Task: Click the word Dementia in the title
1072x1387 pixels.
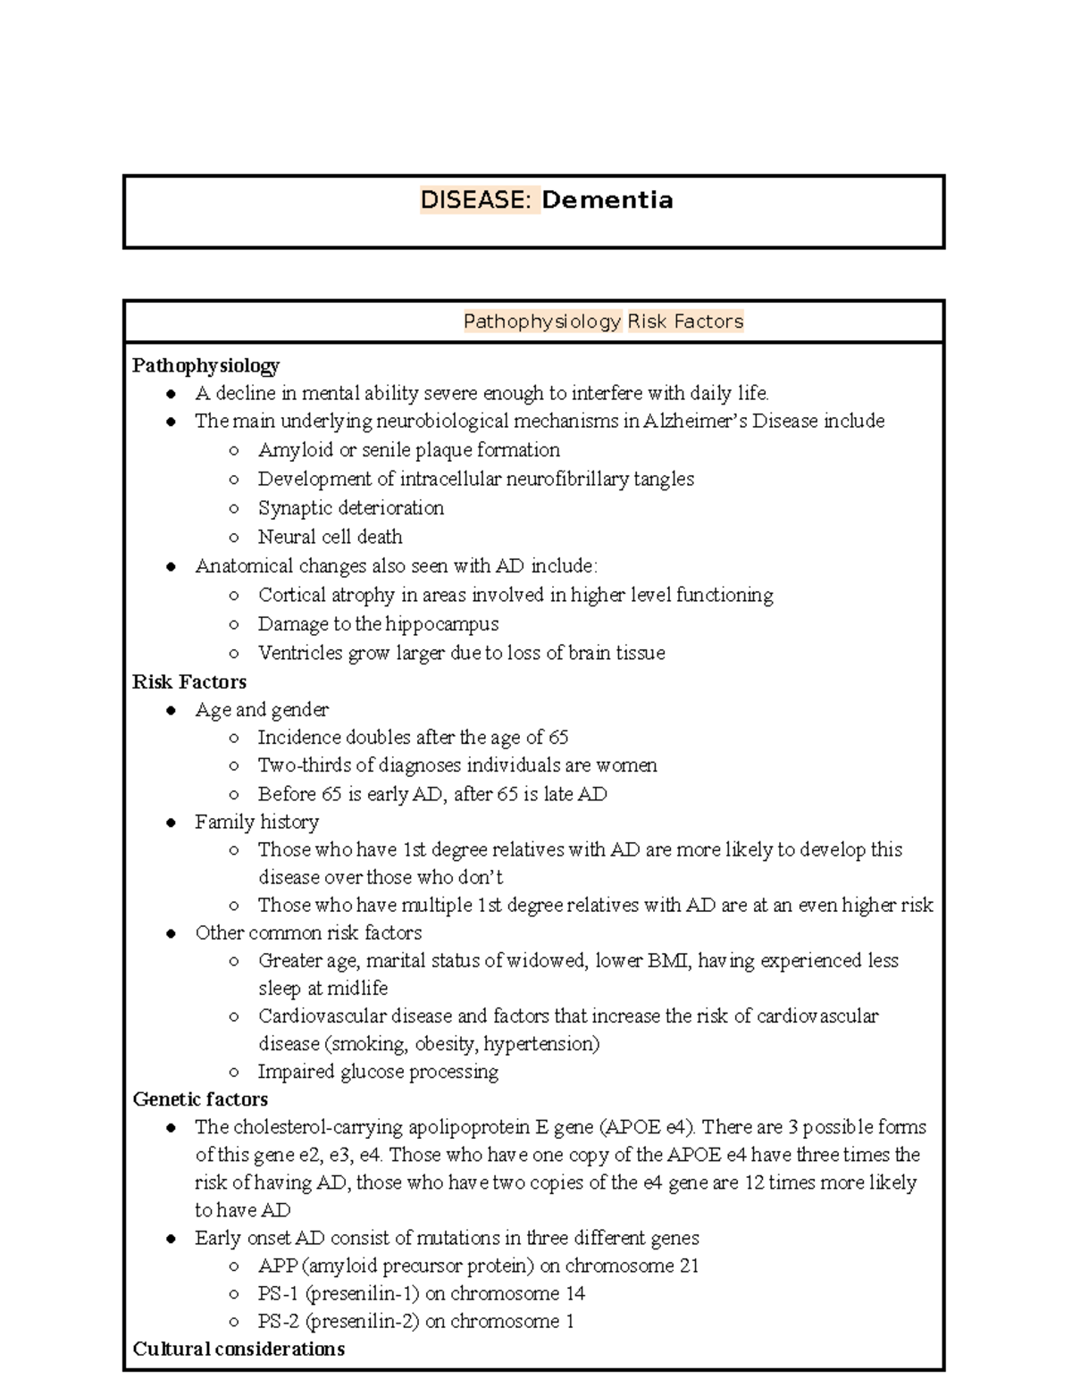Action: click(x=607, y=200)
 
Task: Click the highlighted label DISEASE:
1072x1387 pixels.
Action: click(x=479, y=200)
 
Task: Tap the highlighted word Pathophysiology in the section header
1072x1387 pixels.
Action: click(x=542, y=322)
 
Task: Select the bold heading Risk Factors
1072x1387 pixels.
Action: click(x=189, y=682)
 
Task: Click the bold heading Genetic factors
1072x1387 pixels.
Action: click(x=200, y=1099)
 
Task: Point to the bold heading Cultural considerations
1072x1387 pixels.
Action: click(x=239, y=1349)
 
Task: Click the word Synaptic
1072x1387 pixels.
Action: click(x=296, y=508)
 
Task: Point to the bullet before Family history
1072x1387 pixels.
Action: click(x=171, y=823)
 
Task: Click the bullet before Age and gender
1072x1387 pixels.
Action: click(x=171, y=711)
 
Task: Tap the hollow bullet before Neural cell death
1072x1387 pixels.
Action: click(x=234, y=538)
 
